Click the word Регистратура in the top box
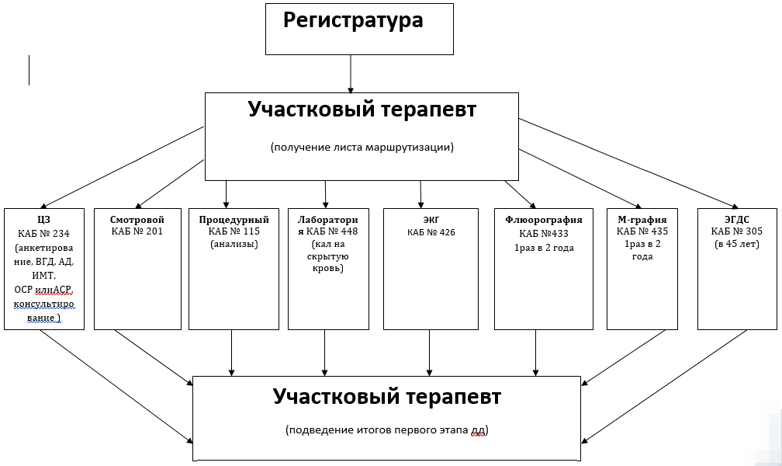[353, 20]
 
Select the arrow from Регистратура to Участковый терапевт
[351, 74]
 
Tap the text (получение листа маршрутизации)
[362, 147]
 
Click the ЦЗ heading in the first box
[43, 219]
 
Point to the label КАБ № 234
[43, 233]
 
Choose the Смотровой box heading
[137, 219]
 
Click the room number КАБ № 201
[137, 231]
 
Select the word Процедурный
[234, 219]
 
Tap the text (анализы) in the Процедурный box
[234, 245]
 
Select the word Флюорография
[543, 219]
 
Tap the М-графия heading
[642, 219]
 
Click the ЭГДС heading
[736, 219]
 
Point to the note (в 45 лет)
[736, 245]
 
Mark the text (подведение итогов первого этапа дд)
[387, 429]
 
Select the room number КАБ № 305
[736, 231]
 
